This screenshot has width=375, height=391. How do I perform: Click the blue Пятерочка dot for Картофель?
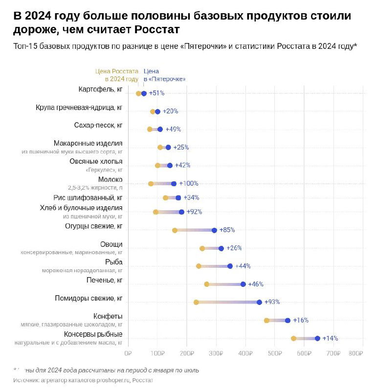tap(144, 93)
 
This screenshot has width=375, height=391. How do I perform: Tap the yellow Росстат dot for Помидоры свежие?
tap(196, 302)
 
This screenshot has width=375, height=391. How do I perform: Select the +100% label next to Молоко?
tap(189, 183)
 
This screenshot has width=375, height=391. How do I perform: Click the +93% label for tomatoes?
tap(272, 302)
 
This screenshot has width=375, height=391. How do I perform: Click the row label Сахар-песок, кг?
tap(98, 126)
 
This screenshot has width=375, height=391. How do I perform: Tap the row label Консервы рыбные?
tap(93, 334)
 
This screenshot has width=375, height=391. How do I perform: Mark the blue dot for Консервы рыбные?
tap(317, 338)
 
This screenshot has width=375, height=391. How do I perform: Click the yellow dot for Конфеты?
tap(266, 321)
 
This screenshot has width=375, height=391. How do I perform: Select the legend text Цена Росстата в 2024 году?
tap(117, 75)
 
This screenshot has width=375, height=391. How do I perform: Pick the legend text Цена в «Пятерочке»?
tap(164, 75)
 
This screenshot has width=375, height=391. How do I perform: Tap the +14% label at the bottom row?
tap(330, 338)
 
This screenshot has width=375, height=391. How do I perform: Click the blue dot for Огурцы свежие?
tap(214, 230)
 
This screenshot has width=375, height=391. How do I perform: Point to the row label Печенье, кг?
tap(104, 280)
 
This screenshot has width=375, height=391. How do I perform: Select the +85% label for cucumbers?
tap(227, 230)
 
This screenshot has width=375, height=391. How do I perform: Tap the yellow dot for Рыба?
tap(199, 266)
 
